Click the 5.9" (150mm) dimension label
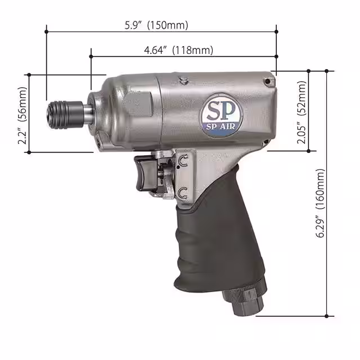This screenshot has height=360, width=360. click(x=156, y=25)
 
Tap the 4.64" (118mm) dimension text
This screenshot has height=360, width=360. click(x=178, y=50)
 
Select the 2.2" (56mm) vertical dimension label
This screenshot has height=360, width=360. click(x=22, y=115)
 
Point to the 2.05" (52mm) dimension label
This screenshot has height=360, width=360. click(x=301, y=112)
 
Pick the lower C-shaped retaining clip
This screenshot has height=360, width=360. click(x=182, y=193)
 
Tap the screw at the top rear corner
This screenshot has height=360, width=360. click(x=269, y=82)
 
